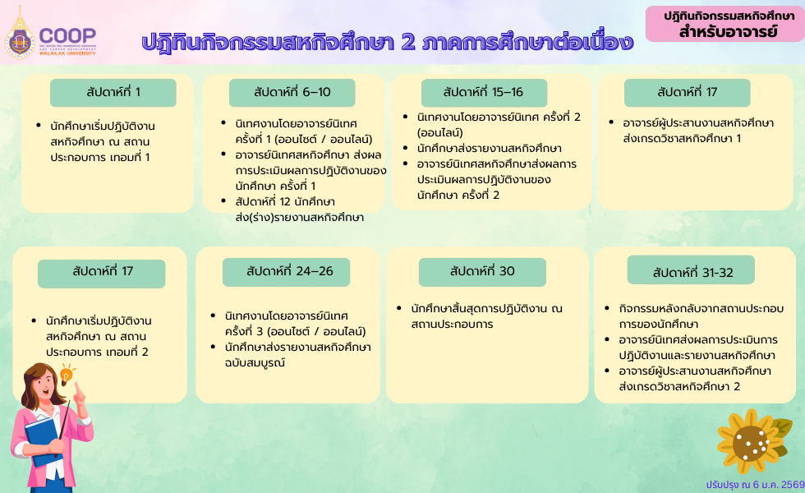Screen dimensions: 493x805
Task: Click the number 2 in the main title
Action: point(407,42)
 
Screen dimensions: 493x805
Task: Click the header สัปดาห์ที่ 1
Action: point(113,92)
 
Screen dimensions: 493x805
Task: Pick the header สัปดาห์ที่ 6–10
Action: point(292,92)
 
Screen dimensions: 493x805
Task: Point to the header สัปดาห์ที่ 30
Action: point(482,271)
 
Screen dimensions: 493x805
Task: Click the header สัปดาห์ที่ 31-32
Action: point(692,272)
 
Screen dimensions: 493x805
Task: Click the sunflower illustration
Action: point(749,438)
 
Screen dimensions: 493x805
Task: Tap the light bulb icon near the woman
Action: point(66,375)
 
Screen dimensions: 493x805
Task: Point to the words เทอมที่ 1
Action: point(131,156)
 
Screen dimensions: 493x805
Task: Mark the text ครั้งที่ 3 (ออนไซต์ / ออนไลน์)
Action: point(294,331)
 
